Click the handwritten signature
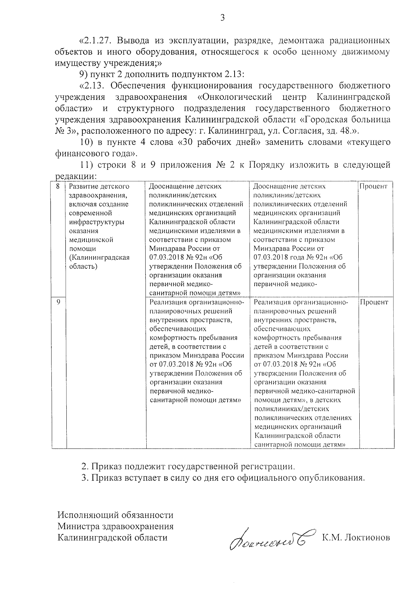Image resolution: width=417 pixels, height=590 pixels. tap(271, 539)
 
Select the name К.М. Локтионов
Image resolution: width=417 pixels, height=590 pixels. tap(356, 538)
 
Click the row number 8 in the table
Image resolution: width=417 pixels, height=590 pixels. tap(58, 186)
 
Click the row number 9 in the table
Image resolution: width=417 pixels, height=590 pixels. tap(58, 302)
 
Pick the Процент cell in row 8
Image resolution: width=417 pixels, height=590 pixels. tap(373, 186)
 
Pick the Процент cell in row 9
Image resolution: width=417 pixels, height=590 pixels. tap(374, 302)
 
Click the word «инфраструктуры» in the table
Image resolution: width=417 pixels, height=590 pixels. tap(96, 222)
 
